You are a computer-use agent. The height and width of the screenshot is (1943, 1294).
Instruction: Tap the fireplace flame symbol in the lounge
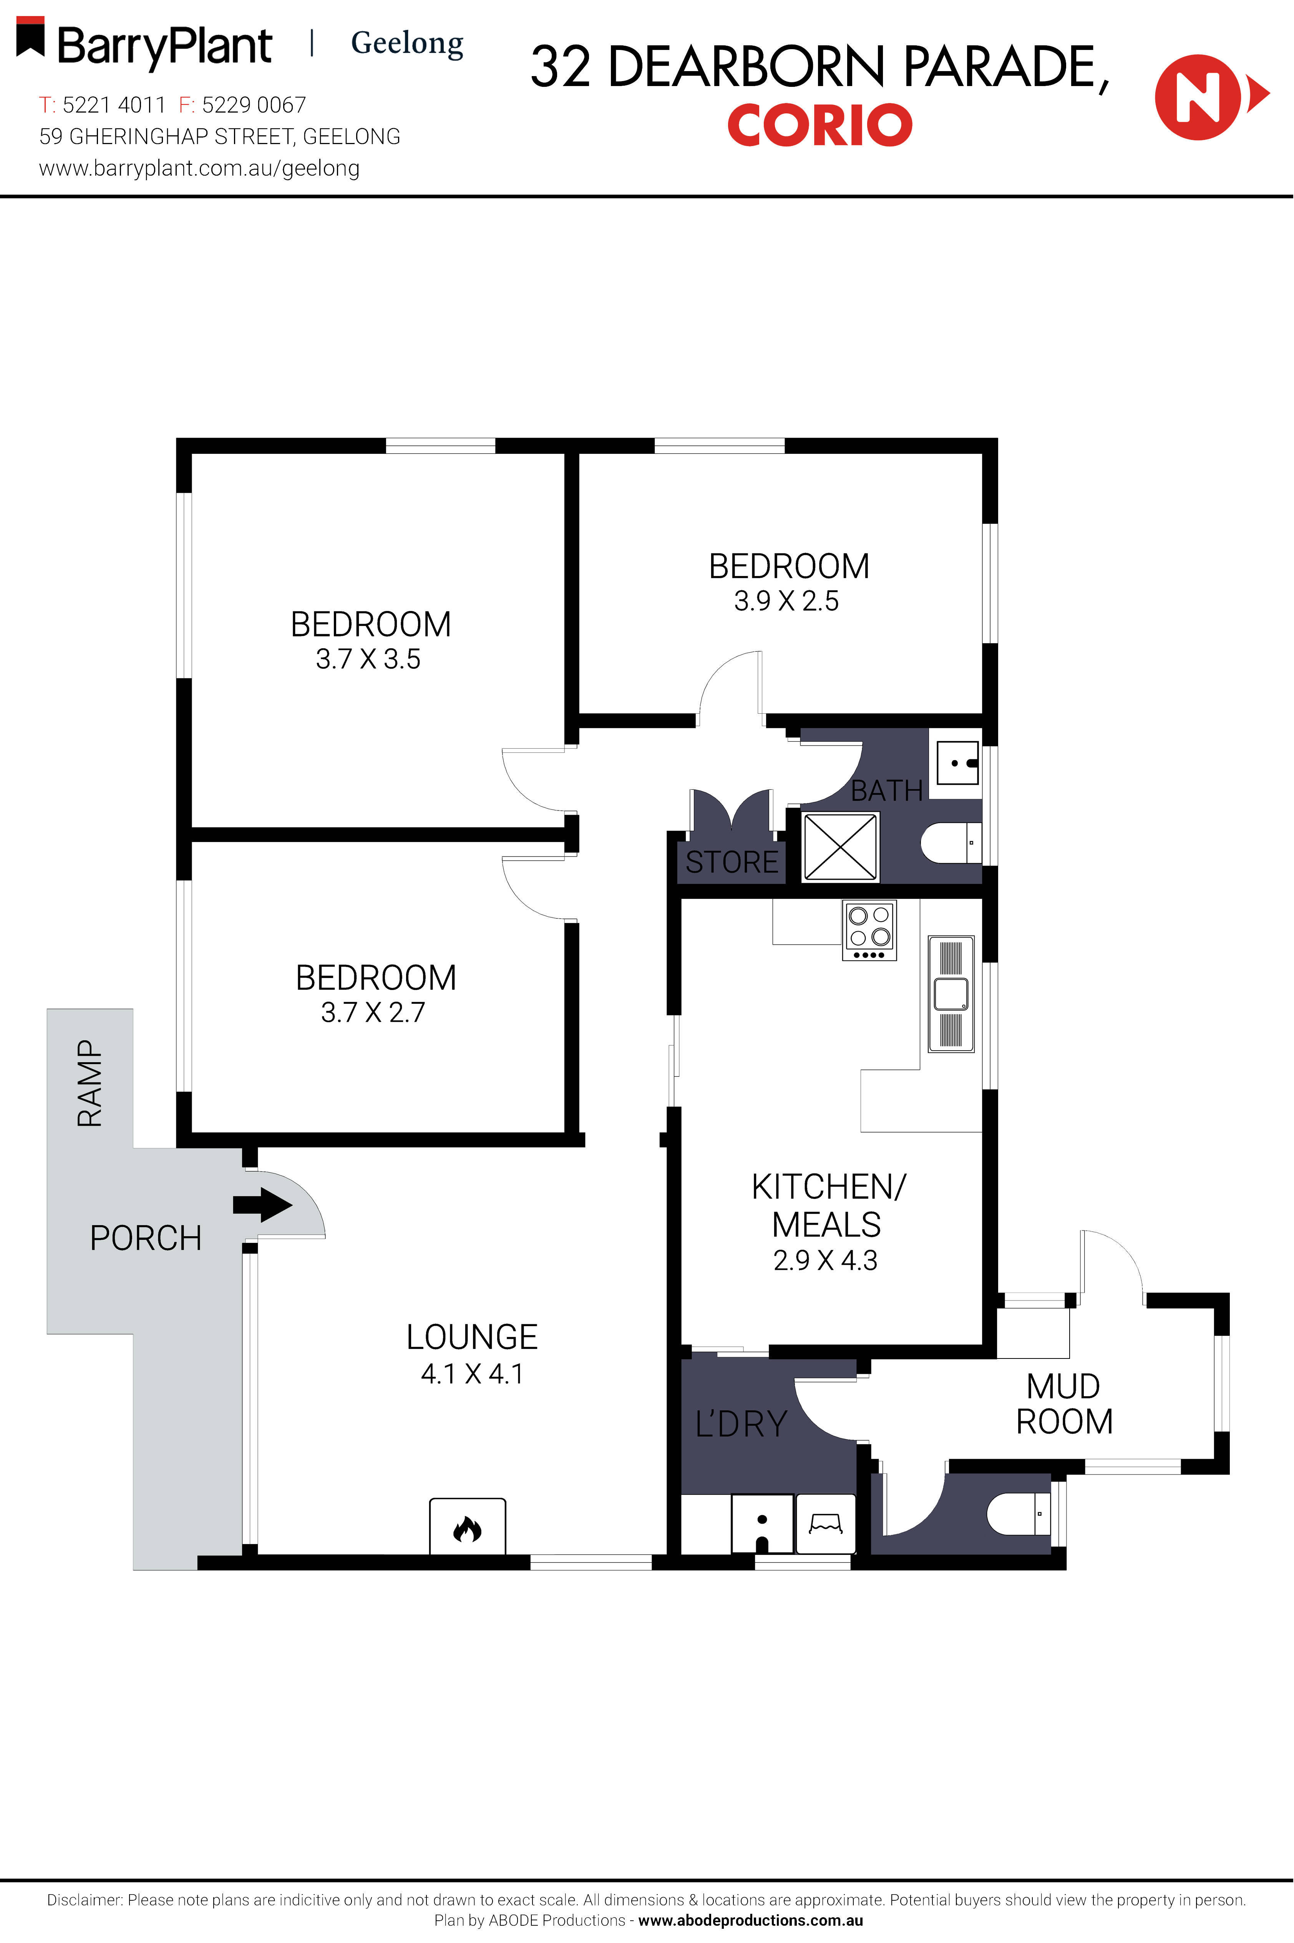pyautogui.click(x=467, y=1529)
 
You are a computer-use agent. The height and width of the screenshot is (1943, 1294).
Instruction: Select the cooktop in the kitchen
pyautogui.click(x=869, y=929)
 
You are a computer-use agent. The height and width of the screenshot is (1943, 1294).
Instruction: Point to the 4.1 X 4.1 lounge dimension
pyautogui.click(x=472, y=1373)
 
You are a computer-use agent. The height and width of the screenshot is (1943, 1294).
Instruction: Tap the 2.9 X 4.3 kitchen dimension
pyautogui.click(x=825, y=1260)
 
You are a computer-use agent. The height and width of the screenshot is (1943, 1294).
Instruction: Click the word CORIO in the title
pyautogui.click(x=820, y=125)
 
